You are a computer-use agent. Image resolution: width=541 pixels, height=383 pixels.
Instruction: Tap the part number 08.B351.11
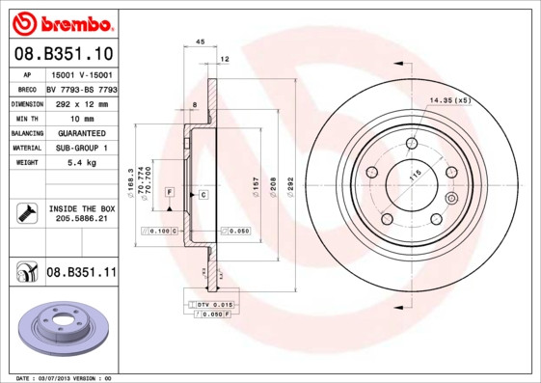82,273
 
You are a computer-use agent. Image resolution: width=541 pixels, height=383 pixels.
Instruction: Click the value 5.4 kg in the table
81,163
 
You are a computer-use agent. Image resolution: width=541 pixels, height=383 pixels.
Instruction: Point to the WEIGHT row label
26,163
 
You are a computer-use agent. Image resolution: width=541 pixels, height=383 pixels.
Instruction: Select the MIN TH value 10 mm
81,118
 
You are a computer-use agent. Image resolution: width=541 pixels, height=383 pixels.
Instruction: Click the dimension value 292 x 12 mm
81,103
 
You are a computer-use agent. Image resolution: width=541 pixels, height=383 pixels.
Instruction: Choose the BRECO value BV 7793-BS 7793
81,89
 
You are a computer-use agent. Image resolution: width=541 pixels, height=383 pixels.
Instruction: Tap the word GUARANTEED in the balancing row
81,133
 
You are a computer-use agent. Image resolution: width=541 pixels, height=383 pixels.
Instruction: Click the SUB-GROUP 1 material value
81,148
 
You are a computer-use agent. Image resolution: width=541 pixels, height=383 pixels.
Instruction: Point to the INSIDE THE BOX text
81,208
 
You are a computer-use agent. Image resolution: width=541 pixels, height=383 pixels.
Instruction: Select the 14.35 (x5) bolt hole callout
449,100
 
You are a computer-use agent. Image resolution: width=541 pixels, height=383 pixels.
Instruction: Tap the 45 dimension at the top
200,41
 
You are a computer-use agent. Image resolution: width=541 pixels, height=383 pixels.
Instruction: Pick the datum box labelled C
204,195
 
